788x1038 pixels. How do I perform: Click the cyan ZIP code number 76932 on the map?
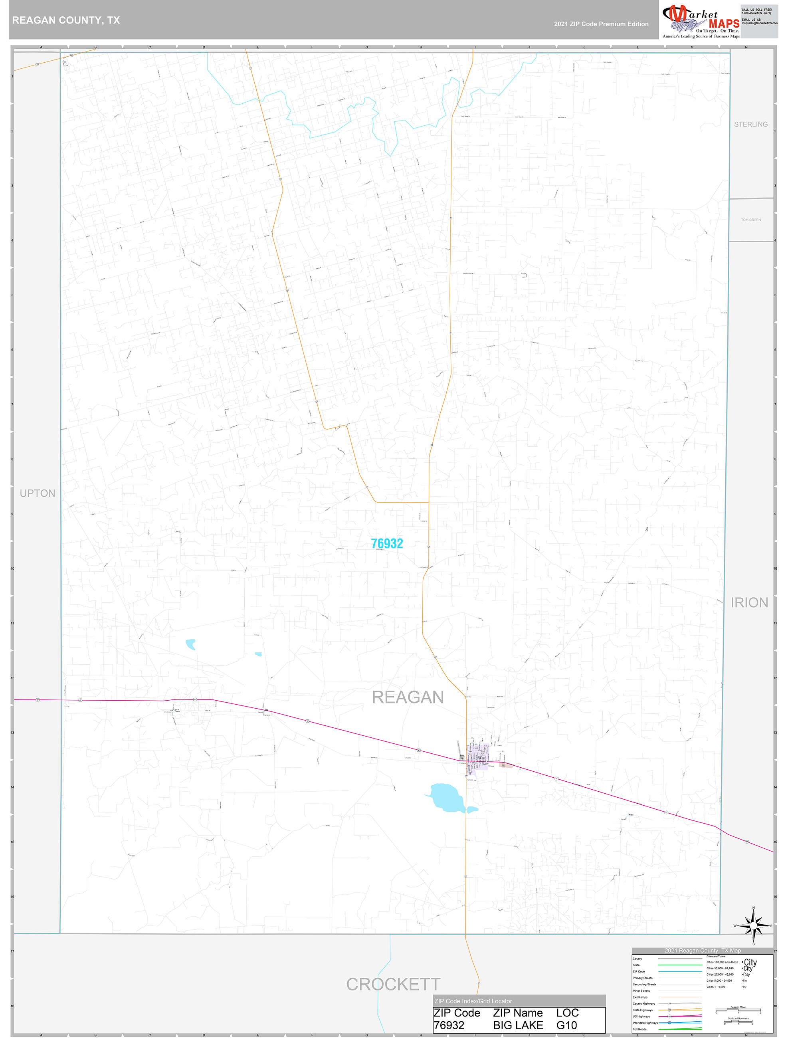(387, 543)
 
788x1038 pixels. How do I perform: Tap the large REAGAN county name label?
(408, 697)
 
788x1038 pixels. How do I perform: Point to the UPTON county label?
(38, 493)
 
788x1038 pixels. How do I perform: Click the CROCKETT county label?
(393, 985)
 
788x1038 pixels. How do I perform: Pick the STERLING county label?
(750, 124)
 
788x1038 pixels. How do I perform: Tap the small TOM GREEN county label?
(750, 220)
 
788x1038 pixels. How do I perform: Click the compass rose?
(753, 926)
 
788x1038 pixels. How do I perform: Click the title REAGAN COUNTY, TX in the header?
(66, 20)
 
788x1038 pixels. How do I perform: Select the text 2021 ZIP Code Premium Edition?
(601, 24)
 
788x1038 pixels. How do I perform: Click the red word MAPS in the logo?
(724, 24)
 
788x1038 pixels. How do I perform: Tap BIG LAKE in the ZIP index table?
(518, 1025)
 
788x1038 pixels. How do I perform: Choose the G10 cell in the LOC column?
(566, 1025)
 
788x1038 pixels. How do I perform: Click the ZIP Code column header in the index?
(457, 1013)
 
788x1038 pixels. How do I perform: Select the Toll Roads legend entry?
(639, 1029)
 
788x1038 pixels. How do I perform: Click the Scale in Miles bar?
(738, 1010)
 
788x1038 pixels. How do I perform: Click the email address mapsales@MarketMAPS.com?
(759, 23)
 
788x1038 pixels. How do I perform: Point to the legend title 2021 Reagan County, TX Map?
(702, 950)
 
